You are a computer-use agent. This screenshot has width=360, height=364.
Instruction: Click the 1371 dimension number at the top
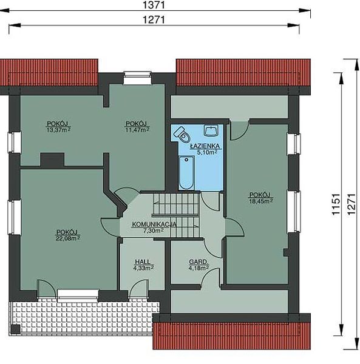click(155, 5)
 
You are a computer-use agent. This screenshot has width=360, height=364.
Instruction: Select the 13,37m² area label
click(59, 129)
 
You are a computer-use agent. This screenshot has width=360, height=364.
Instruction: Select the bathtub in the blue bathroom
click(186, 172)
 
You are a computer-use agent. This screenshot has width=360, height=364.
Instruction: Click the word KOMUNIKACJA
click(154, 224)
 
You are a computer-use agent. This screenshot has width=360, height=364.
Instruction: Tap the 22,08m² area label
click(68, 237)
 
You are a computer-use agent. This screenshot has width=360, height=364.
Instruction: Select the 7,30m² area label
click(153, 231)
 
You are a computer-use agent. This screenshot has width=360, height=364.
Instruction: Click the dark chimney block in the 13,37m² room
click(52, 159)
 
